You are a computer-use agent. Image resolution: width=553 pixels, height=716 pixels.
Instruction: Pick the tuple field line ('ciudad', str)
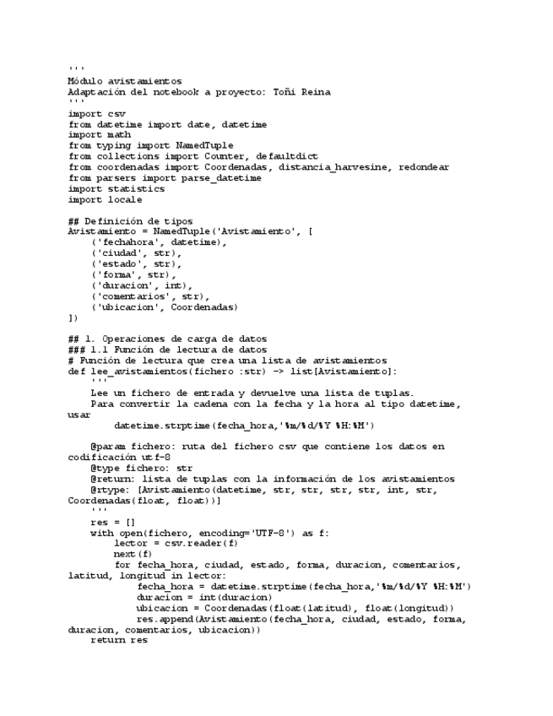pos(136,252)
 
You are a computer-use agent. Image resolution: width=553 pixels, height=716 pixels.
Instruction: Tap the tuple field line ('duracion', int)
pos(142,285)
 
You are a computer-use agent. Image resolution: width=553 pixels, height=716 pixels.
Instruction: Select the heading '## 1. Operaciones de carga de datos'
pos(167,339)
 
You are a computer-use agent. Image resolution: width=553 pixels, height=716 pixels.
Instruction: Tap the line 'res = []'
pos(112,522)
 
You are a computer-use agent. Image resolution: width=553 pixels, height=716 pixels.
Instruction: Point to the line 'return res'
pos(118,640)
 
